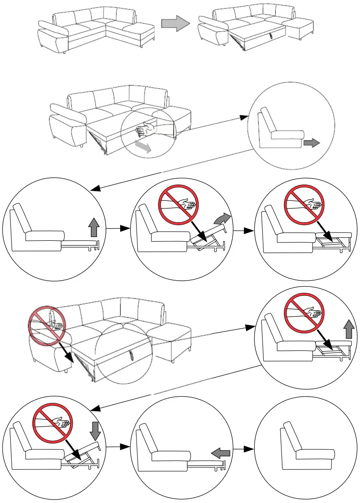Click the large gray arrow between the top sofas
click(176, 23)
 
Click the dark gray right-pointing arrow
click(311, 143)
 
